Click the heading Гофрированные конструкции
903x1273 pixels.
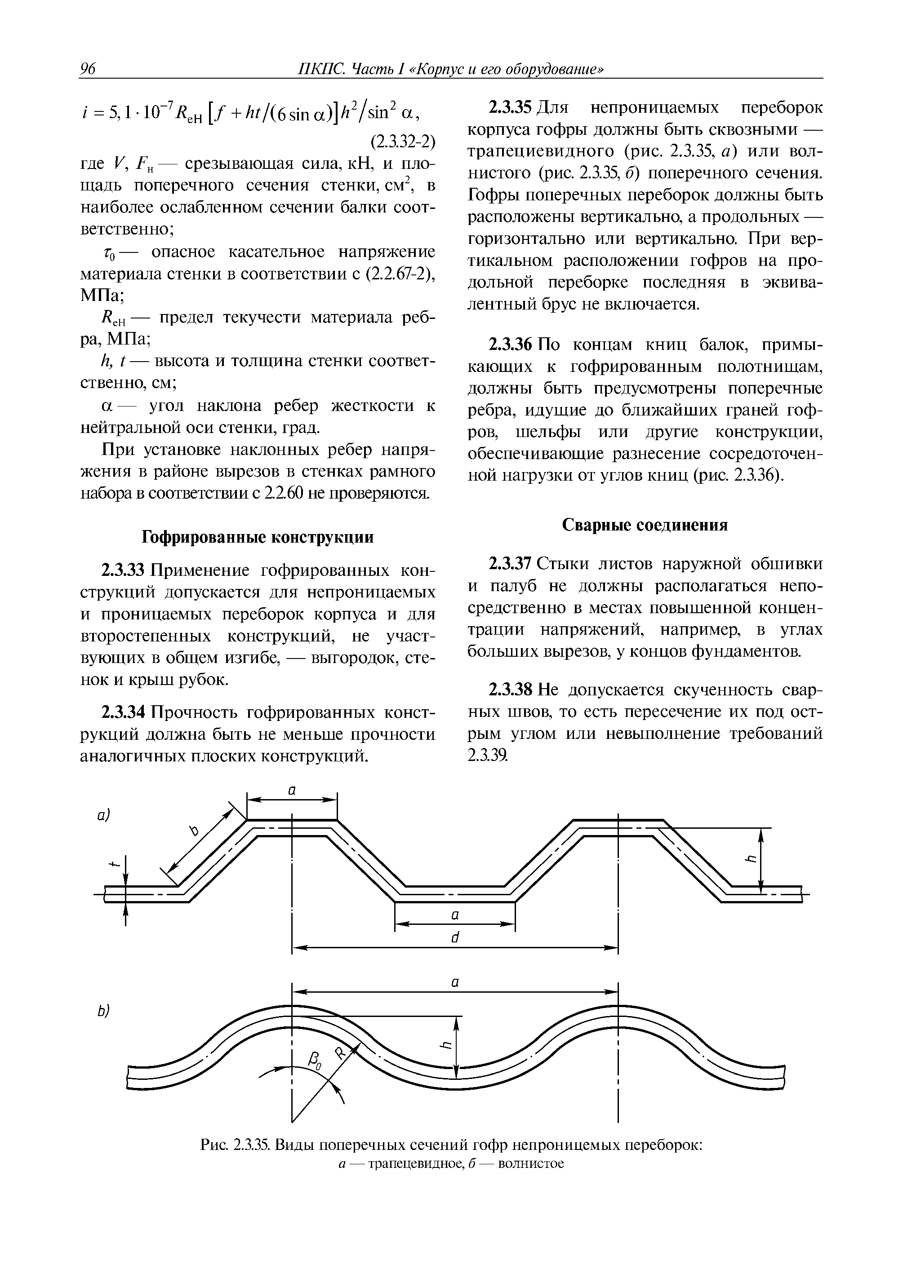258,537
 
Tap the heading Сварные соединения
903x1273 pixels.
645,525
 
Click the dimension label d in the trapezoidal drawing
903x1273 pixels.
455,938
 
